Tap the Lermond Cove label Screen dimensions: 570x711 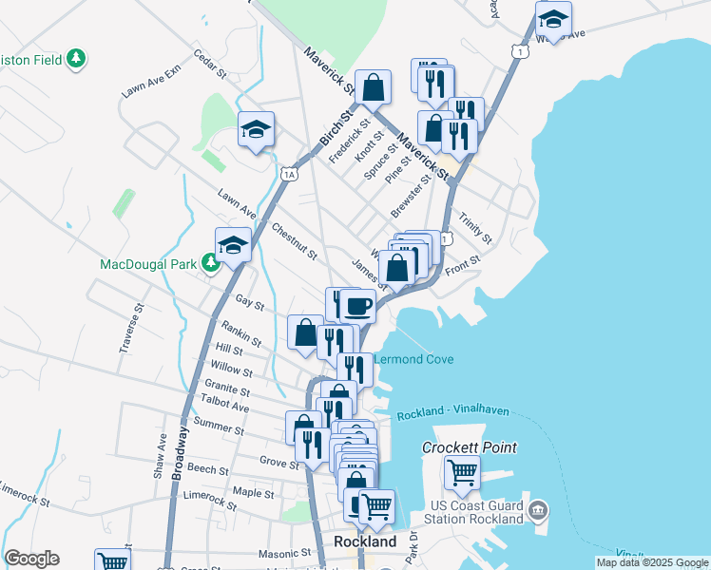click(413, 359)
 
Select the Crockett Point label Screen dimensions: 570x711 click(471, 447)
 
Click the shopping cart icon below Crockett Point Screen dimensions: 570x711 click(462, 471)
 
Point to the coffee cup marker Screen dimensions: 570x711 click(358, 307)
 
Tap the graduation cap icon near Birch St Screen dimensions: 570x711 click(256, 130)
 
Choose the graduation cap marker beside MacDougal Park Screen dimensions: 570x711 click(232, 245)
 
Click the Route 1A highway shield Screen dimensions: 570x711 click(290, 174)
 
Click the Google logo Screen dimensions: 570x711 click(32, 559)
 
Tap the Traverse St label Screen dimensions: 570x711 click(131, 328)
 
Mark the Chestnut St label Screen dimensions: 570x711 click(293, 241)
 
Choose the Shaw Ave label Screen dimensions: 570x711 click(160, 455)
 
